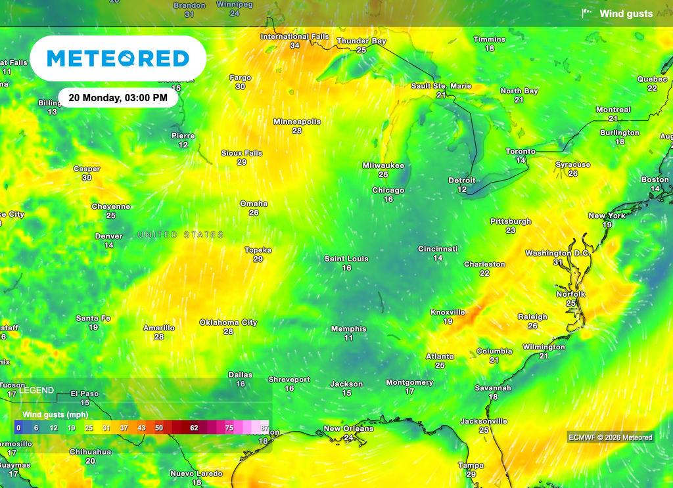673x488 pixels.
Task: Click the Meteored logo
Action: (x=118, y=58)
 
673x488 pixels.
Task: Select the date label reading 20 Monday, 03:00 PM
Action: (x=118, y=98)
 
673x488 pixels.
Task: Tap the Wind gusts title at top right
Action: (x=626, y=14)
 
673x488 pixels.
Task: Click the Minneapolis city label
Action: (x=297, y=122)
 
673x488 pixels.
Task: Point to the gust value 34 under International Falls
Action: (x=294, y=45)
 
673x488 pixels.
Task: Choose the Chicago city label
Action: (x=388, y=190)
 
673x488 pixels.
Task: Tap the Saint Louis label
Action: (x=346, y=259)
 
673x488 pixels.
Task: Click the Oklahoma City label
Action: (x=228, y=322)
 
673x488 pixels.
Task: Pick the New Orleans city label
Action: (x=348, y=429)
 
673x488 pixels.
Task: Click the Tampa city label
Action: (x=471, y=466)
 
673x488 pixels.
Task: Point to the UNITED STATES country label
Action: (x=181, y=234)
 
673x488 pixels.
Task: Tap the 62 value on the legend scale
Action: (x=194, y=428)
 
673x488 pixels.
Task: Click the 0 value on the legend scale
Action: (x=18, y=428)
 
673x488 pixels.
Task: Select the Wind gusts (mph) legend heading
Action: (x=55, y=414)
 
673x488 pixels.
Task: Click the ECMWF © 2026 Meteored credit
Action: (x=611, y=437)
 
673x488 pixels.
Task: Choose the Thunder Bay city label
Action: (x=361, y=41)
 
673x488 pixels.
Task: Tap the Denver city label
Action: (x=108, y=236)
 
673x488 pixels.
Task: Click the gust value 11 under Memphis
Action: (x=348, y=338)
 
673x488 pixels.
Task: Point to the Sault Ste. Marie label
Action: (x=441, y=86)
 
